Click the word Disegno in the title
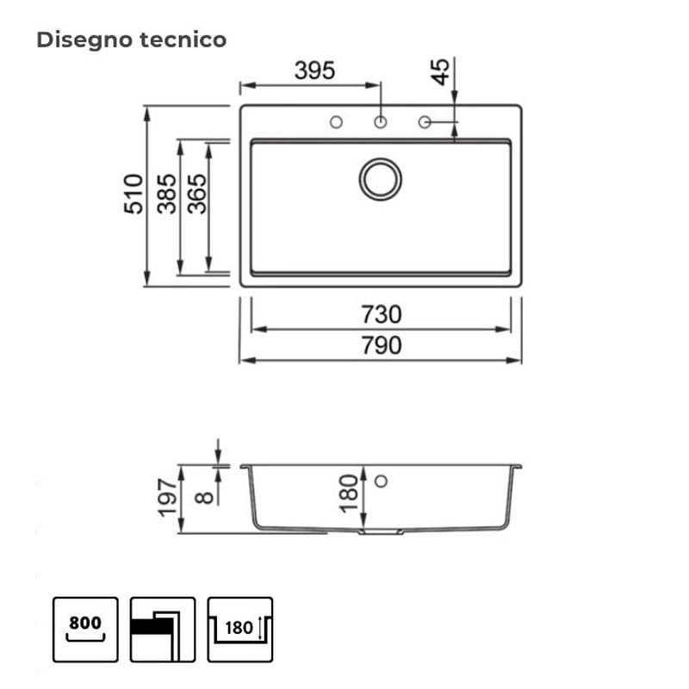click(x=84, y=40)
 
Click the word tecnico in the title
click(x=183, y=40)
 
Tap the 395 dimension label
click(x=314, y=71)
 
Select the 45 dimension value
click(x=440, y=71)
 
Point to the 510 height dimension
click(x=133, y=194)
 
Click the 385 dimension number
click(x=166, y=194)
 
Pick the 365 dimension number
click(x=196, y=194)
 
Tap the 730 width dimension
click(x=382, y=314)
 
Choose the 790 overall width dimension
click(x=382, y=345)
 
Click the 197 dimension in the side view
click(x=167, y=498)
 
